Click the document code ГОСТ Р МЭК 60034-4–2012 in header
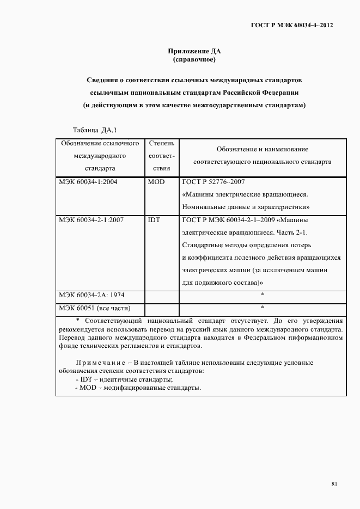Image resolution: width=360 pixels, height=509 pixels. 291,25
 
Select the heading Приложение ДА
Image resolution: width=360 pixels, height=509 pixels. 194,51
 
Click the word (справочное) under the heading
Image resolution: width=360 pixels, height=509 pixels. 194,59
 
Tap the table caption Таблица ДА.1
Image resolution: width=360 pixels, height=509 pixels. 91,130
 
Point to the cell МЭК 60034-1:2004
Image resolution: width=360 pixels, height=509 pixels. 84,182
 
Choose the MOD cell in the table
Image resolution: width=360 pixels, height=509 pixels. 156,182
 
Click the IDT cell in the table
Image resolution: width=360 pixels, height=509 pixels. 154,220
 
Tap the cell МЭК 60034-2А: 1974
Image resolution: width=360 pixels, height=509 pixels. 91,295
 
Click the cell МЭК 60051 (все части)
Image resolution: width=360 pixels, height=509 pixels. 94,308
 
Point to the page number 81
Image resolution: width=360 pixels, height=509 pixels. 334,485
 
